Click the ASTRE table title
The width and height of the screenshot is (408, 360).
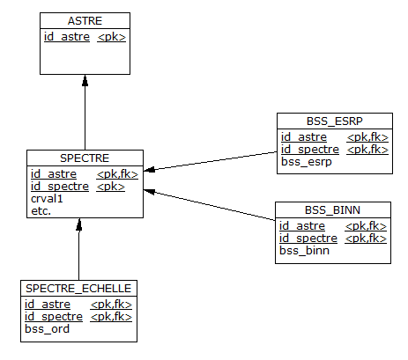[85, 21]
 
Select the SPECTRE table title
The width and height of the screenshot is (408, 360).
[85, 158]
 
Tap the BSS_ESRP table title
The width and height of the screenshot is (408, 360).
[335, 121]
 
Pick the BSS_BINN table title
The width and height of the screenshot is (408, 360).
[332, 210]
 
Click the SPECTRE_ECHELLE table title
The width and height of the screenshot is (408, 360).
[78, 289]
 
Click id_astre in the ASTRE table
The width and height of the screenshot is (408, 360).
[67, 37]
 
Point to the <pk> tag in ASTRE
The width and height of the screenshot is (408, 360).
[112, 37]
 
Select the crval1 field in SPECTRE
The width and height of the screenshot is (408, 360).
[47, 199]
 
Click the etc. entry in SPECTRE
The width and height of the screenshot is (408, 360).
[41, 211]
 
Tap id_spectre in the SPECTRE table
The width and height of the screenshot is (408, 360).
[60, 187]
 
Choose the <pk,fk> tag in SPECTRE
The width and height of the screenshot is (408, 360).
[117, 174]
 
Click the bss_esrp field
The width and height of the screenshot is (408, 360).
[307, 162]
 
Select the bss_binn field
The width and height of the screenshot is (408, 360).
[304, 251]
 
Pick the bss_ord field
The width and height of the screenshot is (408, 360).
[47, 329]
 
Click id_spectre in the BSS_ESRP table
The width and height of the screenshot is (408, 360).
[310, 150]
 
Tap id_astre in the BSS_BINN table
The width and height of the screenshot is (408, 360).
[302, 226]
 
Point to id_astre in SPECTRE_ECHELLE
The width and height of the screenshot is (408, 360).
[48, 305]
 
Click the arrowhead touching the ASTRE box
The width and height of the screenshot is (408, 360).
[85, 80]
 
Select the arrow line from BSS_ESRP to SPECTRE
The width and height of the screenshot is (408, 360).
[211, 161]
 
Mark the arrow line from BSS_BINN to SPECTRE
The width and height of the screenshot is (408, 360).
[209, 205]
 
